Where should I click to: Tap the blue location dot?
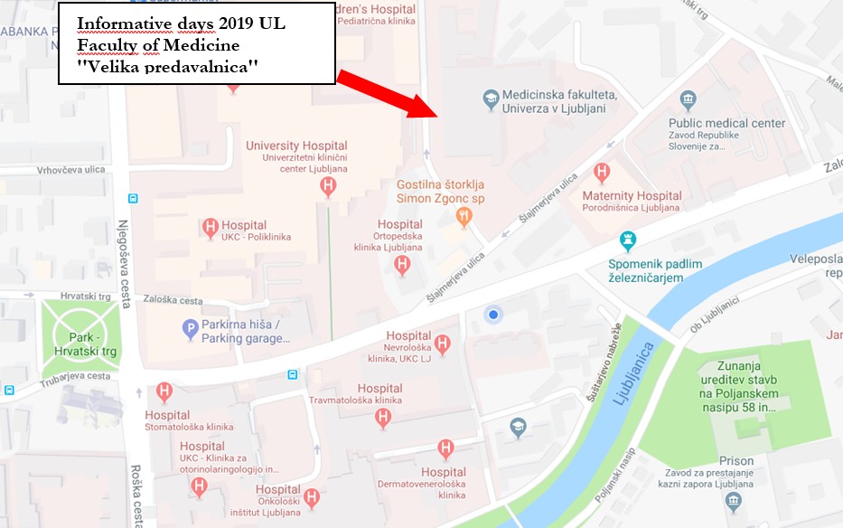[492, 315]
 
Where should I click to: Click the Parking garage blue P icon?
[190, 330]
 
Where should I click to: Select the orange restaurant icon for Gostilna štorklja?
[464, 215]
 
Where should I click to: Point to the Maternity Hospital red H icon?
[602, 172]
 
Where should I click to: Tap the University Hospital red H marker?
[329, 186]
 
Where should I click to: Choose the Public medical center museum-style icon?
[688, 100]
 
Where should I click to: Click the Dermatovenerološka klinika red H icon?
[445, 448]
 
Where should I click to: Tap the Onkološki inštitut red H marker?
[312, 496]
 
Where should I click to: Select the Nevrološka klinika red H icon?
[442, 344]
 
